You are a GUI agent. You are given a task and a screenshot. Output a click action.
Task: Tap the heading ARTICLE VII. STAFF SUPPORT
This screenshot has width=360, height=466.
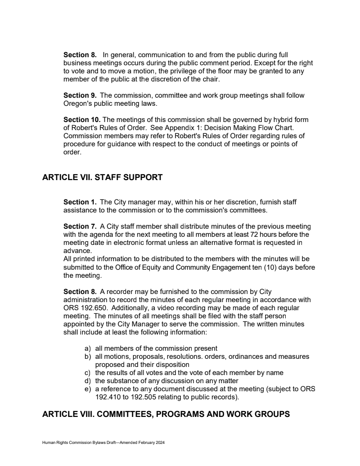click(x=102, y=177)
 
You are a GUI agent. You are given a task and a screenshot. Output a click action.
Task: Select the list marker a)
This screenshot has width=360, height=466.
click(x=88, y=348)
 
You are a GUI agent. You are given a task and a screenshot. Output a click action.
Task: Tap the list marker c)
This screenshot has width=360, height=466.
click(x=88, y=373)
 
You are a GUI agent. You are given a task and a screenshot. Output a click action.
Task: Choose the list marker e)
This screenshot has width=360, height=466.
click(x=88, y=389)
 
